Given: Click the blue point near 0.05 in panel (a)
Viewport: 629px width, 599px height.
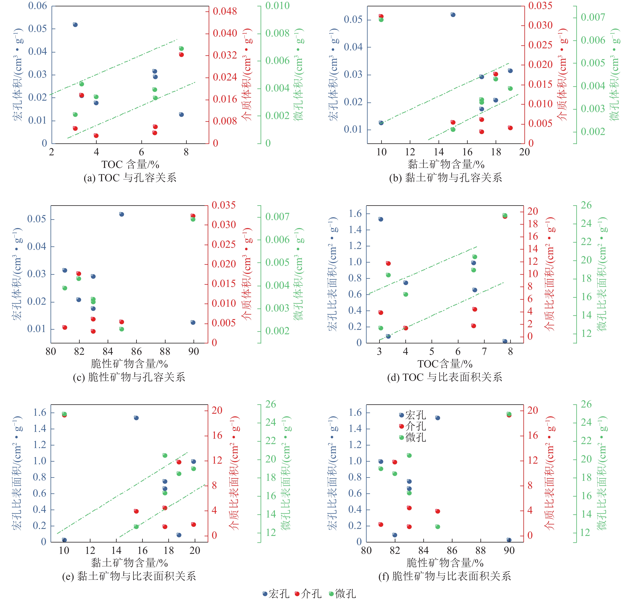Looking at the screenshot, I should [x=75, y=25].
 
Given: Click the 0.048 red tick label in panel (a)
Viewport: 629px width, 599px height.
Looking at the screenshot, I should [x=225, y=12].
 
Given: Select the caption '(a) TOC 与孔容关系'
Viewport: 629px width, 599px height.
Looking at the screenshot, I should [x=130, y=178].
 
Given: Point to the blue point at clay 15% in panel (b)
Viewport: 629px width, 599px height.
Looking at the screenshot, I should [x=453, y=15].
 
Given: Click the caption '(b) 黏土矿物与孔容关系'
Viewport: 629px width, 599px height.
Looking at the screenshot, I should [x=445, y=178].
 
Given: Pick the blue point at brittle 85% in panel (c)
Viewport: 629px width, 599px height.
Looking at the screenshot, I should [x=122, y=214].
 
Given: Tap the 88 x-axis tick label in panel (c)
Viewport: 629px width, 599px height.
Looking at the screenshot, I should [x=165, y=352].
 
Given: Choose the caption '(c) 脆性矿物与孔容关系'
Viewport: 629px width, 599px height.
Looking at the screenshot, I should [x=129, y=377].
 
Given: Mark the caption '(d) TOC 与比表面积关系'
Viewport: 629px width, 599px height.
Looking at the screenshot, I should [x=444, y=377].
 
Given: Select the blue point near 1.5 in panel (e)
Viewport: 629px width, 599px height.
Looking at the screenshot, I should [x=136, y=418].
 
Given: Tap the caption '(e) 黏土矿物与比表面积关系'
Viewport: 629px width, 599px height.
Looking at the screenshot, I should [x=129, y=576].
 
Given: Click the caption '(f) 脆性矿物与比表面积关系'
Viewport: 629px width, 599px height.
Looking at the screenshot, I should [x=444, y=576].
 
